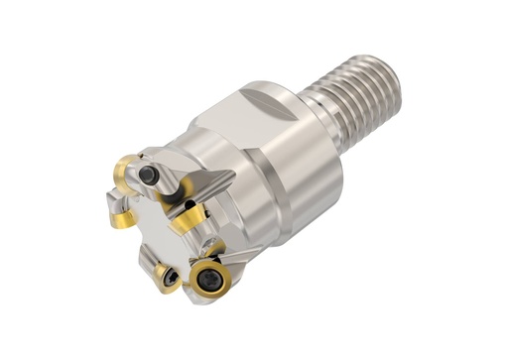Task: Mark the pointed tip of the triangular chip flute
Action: pos(232,175)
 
